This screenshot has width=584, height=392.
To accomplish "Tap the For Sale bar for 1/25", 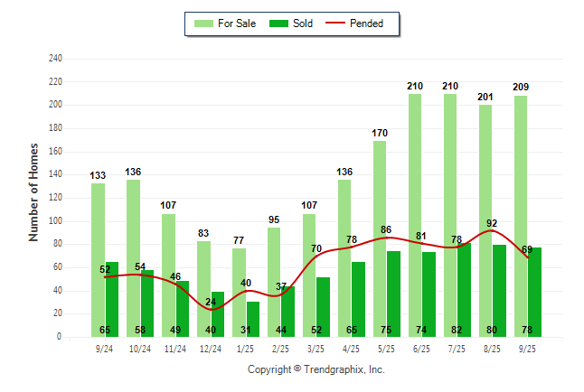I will click(239, 293).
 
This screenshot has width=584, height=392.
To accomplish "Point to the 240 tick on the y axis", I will click(56, 59).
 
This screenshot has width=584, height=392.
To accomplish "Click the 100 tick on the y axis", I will click(56, 221).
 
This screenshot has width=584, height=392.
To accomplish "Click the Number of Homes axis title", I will click(33, 191).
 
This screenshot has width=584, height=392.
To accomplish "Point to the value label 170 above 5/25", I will click(380, 133).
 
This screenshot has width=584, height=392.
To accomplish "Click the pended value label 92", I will click(492, 223).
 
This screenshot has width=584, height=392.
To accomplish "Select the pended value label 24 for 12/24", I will click(211, 302).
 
